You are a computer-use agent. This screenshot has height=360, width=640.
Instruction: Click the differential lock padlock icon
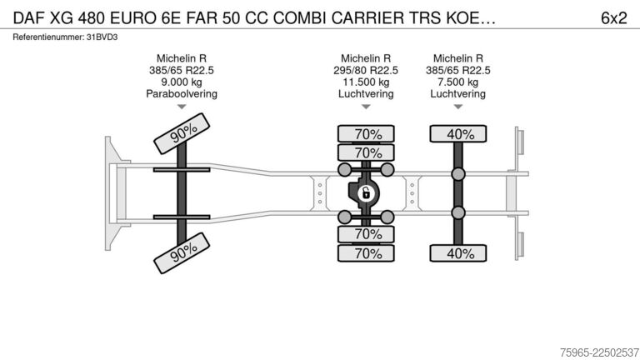click(366, 193)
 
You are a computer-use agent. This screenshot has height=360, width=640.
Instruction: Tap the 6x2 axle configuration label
click(613, 18)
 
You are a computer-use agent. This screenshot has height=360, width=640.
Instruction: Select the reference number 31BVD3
click(102, 37)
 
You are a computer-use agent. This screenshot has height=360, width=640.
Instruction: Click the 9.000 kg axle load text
click(182, 82)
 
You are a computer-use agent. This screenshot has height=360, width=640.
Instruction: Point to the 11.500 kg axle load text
click(366, 82)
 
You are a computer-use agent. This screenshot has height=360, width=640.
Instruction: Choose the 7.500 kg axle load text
click(458, 82)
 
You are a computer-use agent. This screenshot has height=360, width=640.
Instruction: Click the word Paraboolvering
click(182, 94)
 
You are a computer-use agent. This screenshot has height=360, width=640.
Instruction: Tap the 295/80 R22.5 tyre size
click(366, 70)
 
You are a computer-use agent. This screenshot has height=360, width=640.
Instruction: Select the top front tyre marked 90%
click(182, 133)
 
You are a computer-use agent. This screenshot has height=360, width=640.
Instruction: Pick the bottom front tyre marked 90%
click(182, 253)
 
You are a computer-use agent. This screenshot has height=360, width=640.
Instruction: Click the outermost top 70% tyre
click(366, 134)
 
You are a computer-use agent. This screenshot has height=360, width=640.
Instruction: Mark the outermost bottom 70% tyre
click(366, 253)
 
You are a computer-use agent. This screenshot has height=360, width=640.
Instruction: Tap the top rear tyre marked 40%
click(458, 134)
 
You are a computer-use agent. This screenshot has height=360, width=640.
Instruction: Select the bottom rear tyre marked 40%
click(458, 253)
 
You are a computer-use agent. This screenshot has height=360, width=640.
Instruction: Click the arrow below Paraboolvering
click(182, 107)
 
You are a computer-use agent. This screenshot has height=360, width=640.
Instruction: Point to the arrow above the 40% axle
click(458, 107)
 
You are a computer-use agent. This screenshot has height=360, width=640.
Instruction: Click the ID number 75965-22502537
click(600, 352)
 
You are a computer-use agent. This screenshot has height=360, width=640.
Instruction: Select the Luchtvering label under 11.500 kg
click(366, 94)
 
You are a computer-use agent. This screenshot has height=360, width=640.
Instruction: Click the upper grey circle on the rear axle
click(458, 174)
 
